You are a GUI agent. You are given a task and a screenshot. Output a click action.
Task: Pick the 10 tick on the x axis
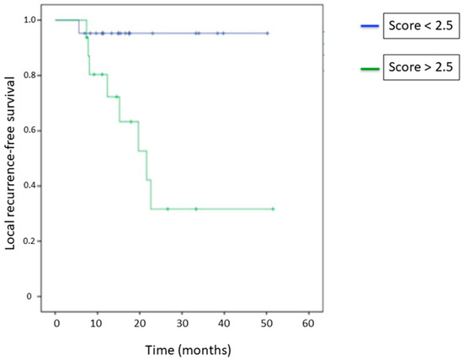tap(98, 323)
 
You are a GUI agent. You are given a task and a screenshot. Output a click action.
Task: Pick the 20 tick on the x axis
tap(140, 323)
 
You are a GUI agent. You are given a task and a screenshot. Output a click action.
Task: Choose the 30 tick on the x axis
tap(182, 323)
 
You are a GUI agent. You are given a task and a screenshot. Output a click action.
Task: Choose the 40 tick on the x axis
tap(224, 323)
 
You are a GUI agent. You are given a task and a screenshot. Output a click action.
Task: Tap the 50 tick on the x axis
tap(266, 323)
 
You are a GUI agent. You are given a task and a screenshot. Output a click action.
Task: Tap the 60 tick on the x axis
tap(308, 323)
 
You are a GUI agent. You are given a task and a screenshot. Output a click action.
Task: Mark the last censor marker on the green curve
tap(273, 209)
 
